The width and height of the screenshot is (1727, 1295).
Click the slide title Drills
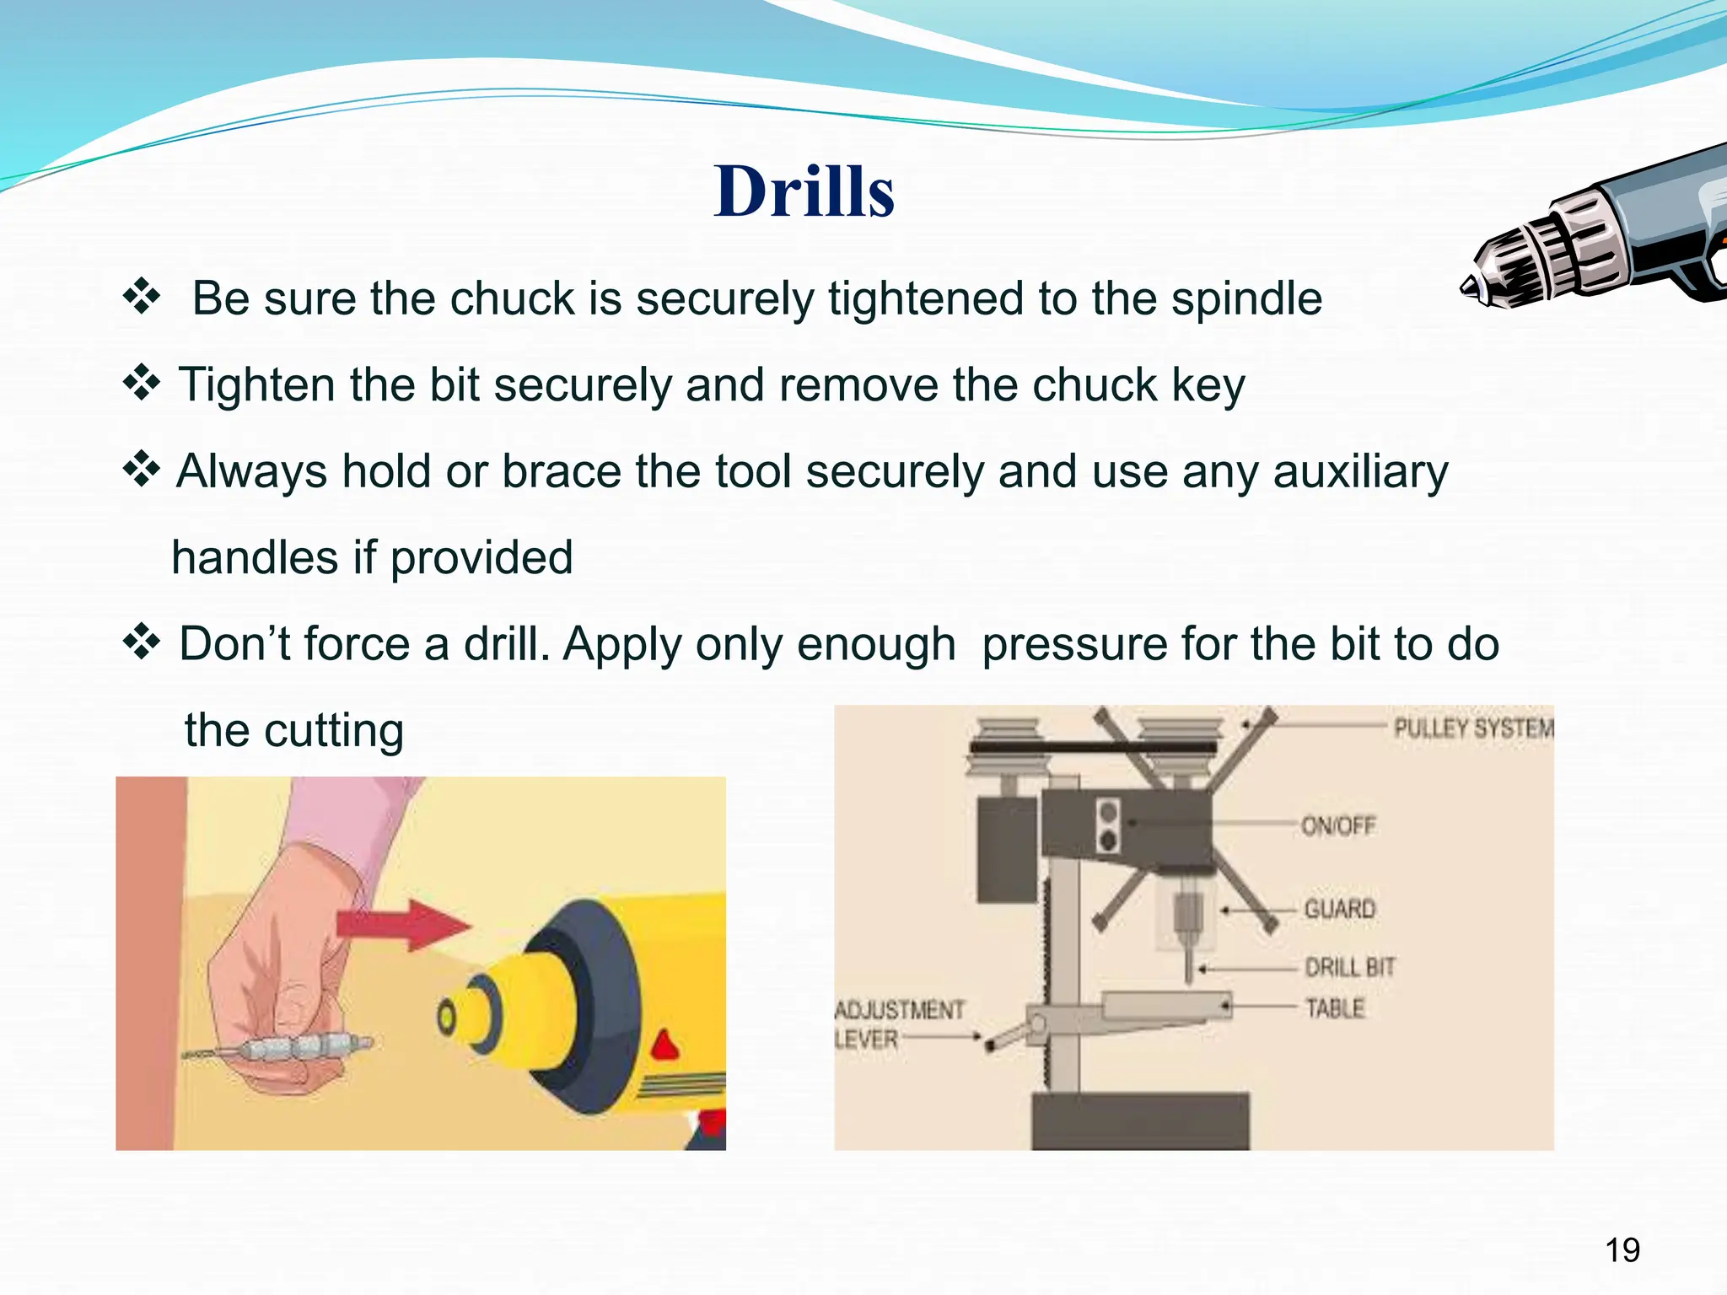pyautogui.click(x=804, y=191)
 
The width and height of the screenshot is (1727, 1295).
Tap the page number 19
pyautogui.click(x=1622, y=1250)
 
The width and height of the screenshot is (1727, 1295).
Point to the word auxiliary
pyautogui.click(x=1359, y=472)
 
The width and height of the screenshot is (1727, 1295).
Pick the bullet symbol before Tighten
pyautogui.click(x=142, y=384)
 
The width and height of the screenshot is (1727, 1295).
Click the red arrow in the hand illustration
pyautogui.click(x=401, y=925)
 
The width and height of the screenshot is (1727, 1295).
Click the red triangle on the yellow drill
pyautogui.click(x=666, y=1045)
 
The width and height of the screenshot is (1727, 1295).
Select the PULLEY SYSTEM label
pyautogui.click(x=1472, y=728)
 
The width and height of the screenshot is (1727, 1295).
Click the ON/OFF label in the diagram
pyautogui.click(x=1337, y=825)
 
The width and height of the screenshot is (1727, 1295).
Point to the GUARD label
pyautogui.click(x=1339, y=909)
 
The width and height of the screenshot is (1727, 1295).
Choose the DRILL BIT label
pyautogui.click(x=1349, y=967)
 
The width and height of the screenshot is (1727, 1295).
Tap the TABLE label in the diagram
pyautogui.click(x=1334, y=1008)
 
